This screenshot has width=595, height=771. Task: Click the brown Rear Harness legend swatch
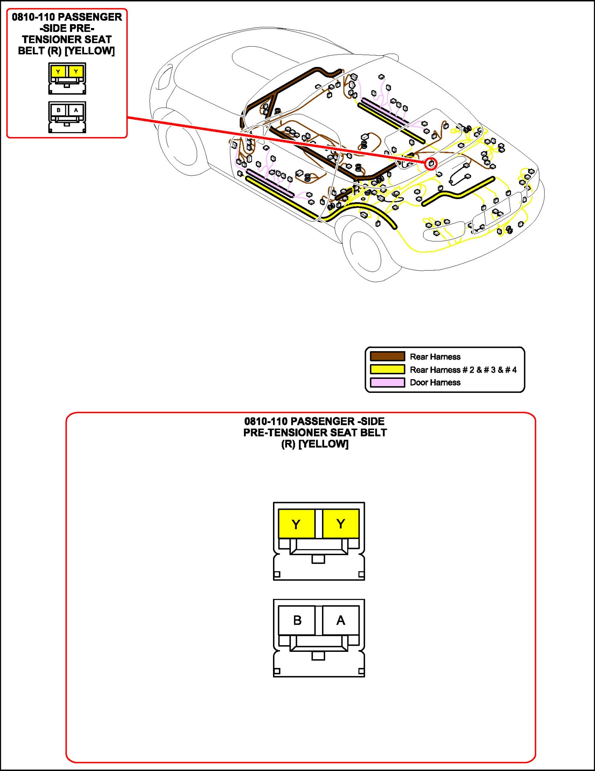[x=387, y=356]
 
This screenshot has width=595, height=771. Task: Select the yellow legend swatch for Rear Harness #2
[x=387, y=369]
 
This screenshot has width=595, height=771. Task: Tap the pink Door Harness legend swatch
[x=387, y=382]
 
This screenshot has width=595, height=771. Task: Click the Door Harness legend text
[x=435, y=382]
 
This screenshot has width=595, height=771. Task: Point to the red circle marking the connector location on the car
[x=431, y=164]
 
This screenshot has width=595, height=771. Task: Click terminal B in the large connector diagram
[x=297, y=620]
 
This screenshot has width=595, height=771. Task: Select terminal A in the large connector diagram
[x=341, y=620]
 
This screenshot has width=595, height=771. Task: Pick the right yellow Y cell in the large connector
[x=341, y=524]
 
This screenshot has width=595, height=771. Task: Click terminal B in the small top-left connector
[x=59, y=110]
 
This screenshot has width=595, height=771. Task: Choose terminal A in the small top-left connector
[x=76, y=110]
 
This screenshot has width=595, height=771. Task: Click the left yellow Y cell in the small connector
[x=58, y=72]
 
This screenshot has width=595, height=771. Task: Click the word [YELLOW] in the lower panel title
[x=323, y=444]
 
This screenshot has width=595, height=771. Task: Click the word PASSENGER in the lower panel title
[x=322, y=421]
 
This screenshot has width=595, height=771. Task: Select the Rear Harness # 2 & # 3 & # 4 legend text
[x=463, y=370]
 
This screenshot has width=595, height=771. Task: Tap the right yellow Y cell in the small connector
[x=76, y=72]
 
